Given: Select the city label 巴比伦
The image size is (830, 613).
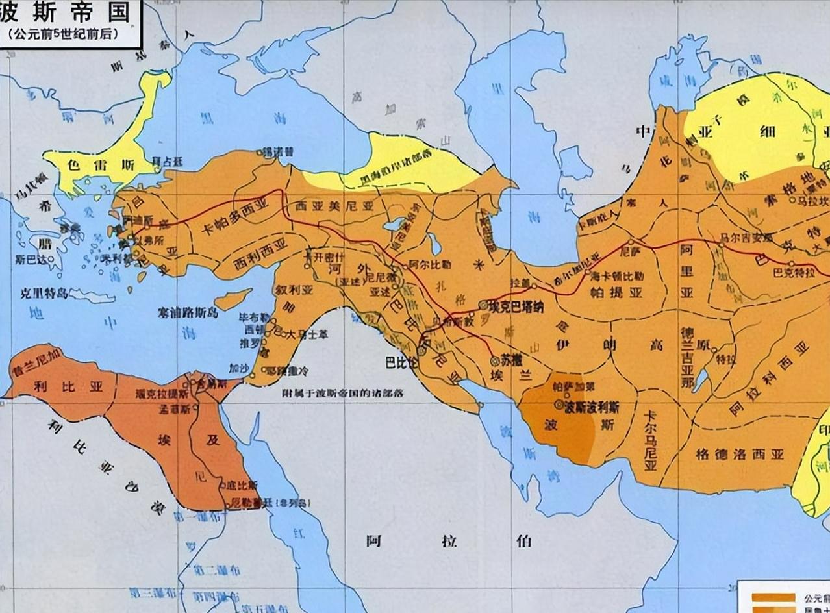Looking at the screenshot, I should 401,362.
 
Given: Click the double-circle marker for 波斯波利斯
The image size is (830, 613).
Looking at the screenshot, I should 559,404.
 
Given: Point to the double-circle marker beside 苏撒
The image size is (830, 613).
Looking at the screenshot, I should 494,358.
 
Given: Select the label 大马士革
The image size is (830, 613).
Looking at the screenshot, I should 301,335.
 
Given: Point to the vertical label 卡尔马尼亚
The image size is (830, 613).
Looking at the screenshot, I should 650,442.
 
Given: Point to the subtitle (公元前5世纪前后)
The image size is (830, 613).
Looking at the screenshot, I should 64,34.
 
